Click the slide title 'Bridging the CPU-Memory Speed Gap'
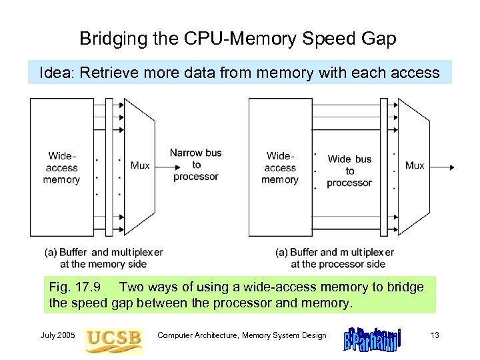click(238, 39)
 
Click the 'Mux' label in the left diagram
click(140, 165)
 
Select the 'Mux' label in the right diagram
click(415, 165)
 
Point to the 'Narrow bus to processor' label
click(195, 165)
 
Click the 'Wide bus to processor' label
click(349, 171)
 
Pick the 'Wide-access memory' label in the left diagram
click(62, 168)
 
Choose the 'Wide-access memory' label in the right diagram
click(280, 168)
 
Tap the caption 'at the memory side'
click(103, 263)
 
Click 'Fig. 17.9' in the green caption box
click(75, 287)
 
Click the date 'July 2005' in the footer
click(58, 335)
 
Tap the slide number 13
click(435, 335)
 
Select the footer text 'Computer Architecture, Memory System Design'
click(241, 335)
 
